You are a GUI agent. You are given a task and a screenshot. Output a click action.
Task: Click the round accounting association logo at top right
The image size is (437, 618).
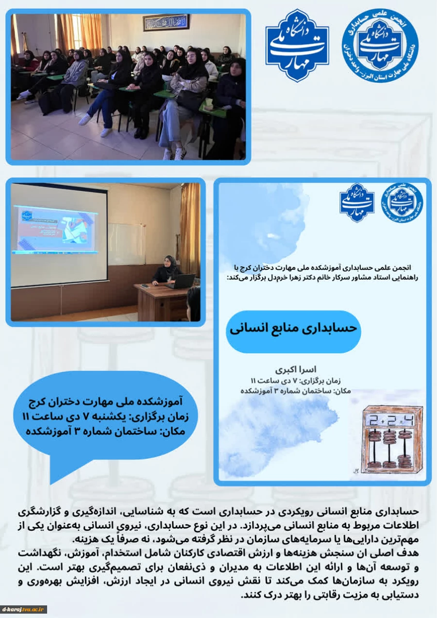click(380, 44)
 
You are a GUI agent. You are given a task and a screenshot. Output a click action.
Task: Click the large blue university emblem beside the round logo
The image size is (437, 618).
click(297, 45)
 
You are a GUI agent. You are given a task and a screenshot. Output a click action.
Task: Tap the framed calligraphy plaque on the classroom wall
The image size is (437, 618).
click(166, 22)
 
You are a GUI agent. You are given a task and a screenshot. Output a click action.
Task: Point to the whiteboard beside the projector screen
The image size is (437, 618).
click(126, 244)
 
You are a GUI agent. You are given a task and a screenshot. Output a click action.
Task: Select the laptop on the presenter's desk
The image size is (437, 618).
click(183, 282)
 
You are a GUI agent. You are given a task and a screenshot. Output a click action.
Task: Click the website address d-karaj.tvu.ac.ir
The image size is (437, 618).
click(24, 609)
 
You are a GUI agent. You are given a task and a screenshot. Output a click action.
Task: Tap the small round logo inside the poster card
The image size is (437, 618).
click(402, 203)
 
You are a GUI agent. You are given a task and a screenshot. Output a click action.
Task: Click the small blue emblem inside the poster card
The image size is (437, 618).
click(357, 203)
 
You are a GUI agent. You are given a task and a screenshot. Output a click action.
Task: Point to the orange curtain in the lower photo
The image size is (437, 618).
click(190, 228)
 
